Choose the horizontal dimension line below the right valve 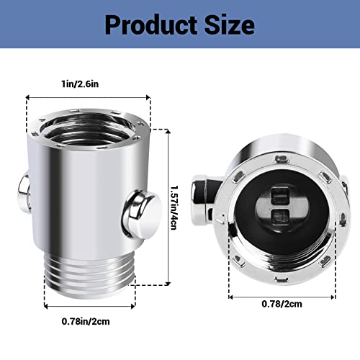point(282,294)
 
